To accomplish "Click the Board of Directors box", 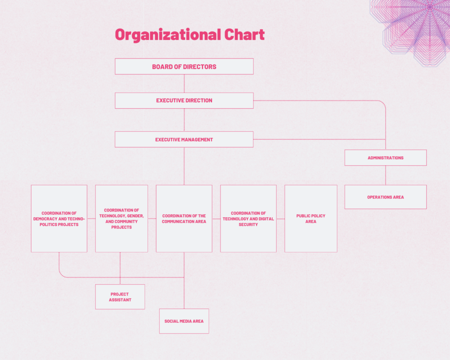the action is (x=184, y=67).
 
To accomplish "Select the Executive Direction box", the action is (x=184, y=100).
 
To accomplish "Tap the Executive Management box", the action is (x=184, y=139).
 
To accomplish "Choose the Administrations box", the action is (x=386, y=157).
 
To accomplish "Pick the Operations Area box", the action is (x=386, y=197).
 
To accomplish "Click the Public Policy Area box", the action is (x=311, y=218).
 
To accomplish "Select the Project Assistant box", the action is (x=120, y=297).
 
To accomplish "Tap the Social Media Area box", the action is (x=184, y=321).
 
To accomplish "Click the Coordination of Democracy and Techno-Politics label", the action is (x=59, y=219).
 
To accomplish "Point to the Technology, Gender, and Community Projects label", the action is (x=121, y=219).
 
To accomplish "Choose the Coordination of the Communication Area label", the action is (x=184, y=219).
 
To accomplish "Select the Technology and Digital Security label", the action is (x=248, y=219).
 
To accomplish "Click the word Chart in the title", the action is (x=244, y=35).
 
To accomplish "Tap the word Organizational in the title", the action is (x=168, y=35).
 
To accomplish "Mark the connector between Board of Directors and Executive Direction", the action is (x=184, y=84).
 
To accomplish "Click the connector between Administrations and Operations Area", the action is (x=386, y=175).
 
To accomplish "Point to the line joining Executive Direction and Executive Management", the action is (x=184, y=120).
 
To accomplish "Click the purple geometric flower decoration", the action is (x=413, y=29).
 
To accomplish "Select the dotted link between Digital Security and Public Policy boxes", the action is (x=280, y=219).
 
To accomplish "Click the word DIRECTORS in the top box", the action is (x=200, y=67).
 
